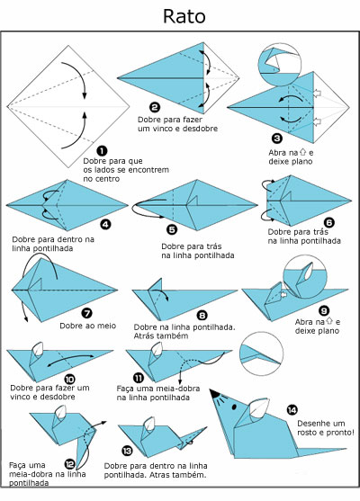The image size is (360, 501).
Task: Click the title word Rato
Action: pos(179,16)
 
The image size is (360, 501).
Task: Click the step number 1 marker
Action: pos(101,150)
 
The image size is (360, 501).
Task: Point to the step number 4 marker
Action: pos(105,223)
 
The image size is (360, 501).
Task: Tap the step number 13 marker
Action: pos(127,452)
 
